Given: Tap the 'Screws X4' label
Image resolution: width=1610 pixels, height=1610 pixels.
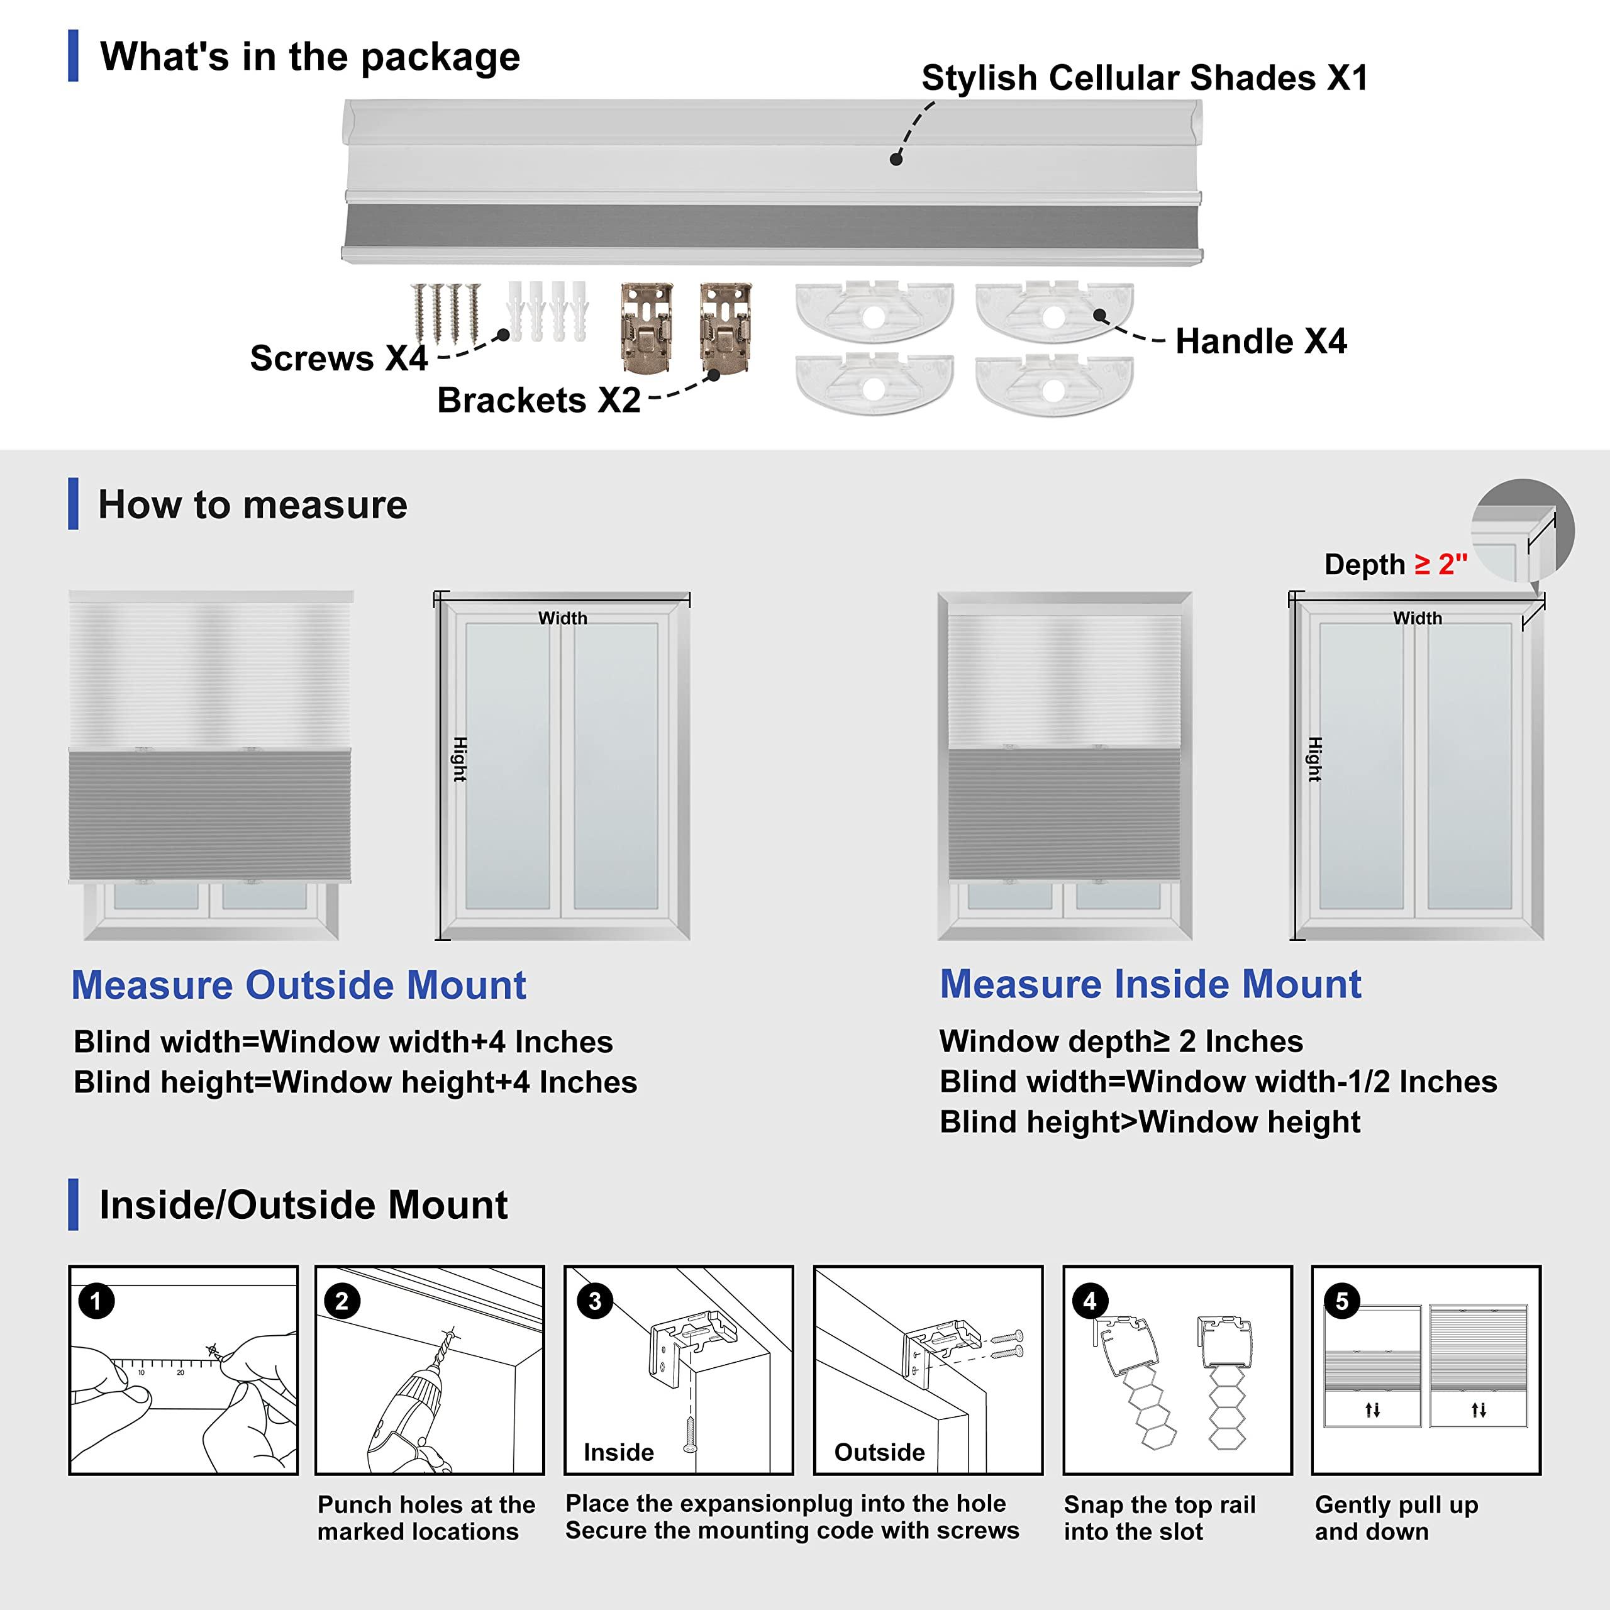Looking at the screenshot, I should point(338,358).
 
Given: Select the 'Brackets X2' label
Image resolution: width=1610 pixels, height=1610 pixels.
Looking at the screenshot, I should point(538,400).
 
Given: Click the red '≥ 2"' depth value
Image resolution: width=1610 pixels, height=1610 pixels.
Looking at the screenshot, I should point(1441,564).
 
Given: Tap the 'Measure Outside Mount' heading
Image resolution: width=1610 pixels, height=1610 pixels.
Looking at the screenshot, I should point(298,984).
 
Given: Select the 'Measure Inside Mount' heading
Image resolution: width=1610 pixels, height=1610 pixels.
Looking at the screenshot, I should point(1150,984).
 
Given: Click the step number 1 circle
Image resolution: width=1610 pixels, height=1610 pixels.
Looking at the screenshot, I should point(96,1301).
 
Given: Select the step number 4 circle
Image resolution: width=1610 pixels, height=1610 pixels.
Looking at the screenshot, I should point(1089,1301).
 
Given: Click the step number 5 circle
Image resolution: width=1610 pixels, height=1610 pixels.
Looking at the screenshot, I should point(1341,1301).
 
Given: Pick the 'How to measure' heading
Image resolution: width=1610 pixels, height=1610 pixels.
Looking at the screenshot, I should point(252,504).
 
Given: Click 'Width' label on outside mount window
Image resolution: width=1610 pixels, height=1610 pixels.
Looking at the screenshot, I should point(562,618).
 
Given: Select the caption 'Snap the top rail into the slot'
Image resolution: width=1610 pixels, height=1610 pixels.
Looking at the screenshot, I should point(1158,1518).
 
